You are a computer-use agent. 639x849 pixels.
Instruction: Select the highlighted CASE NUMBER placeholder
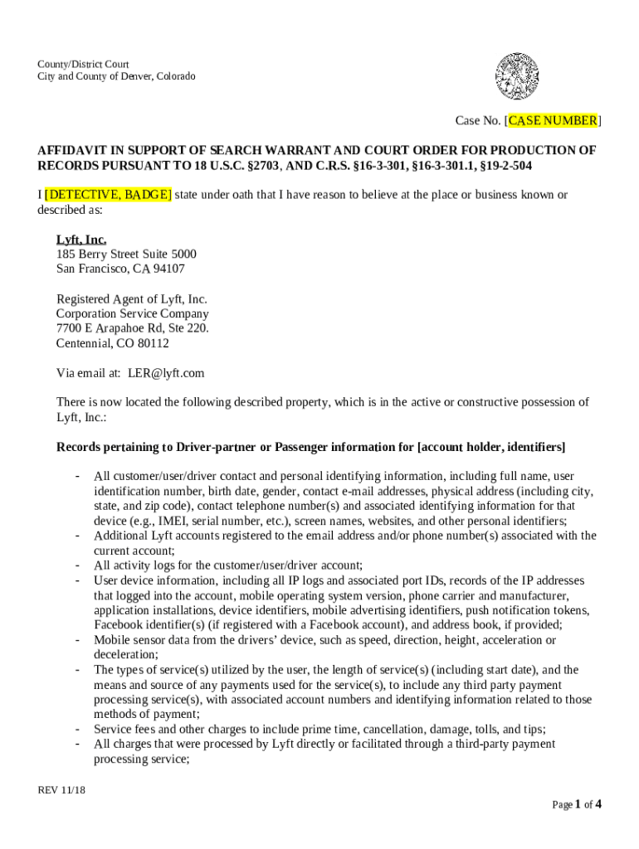coord(552,121)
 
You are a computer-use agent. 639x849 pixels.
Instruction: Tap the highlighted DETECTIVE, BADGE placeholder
coord(108,195)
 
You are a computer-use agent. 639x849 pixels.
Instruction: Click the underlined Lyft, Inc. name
coord(80,240)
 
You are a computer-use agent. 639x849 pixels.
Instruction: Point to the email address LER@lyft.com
coord(164,373)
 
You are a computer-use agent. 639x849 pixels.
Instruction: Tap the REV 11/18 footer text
coord(61,790)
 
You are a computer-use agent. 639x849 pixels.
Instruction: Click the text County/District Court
coord(82,64)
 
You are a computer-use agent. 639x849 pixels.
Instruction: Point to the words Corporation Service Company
coord(132,313)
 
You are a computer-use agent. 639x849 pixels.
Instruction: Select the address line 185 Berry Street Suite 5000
coord(126,254)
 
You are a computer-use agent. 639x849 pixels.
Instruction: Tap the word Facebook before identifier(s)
coord(120,625)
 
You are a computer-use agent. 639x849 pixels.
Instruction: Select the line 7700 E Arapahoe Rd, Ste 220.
coord(132,328)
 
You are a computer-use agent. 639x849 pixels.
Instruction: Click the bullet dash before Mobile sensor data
coord(76,640)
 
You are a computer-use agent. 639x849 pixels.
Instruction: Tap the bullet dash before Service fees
coord(76,730)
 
